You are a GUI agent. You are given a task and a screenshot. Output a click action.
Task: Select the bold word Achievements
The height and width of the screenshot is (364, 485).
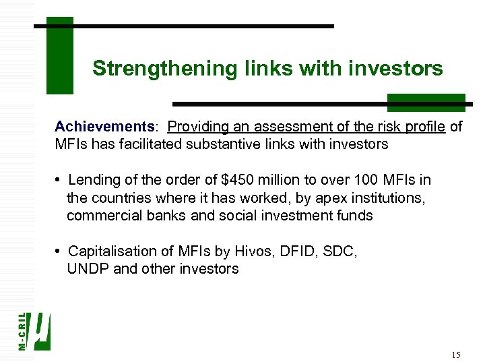(104, 127)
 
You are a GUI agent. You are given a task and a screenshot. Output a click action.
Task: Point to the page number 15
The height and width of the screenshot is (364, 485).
(456, 355)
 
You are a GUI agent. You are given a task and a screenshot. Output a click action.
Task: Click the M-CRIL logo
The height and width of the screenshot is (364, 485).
(34, 330)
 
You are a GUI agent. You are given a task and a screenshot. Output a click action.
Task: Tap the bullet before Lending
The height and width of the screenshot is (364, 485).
(59, 180)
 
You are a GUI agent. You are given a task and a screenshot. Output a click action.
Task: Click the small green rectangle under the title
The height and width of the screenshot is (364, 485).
(426, 102)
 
